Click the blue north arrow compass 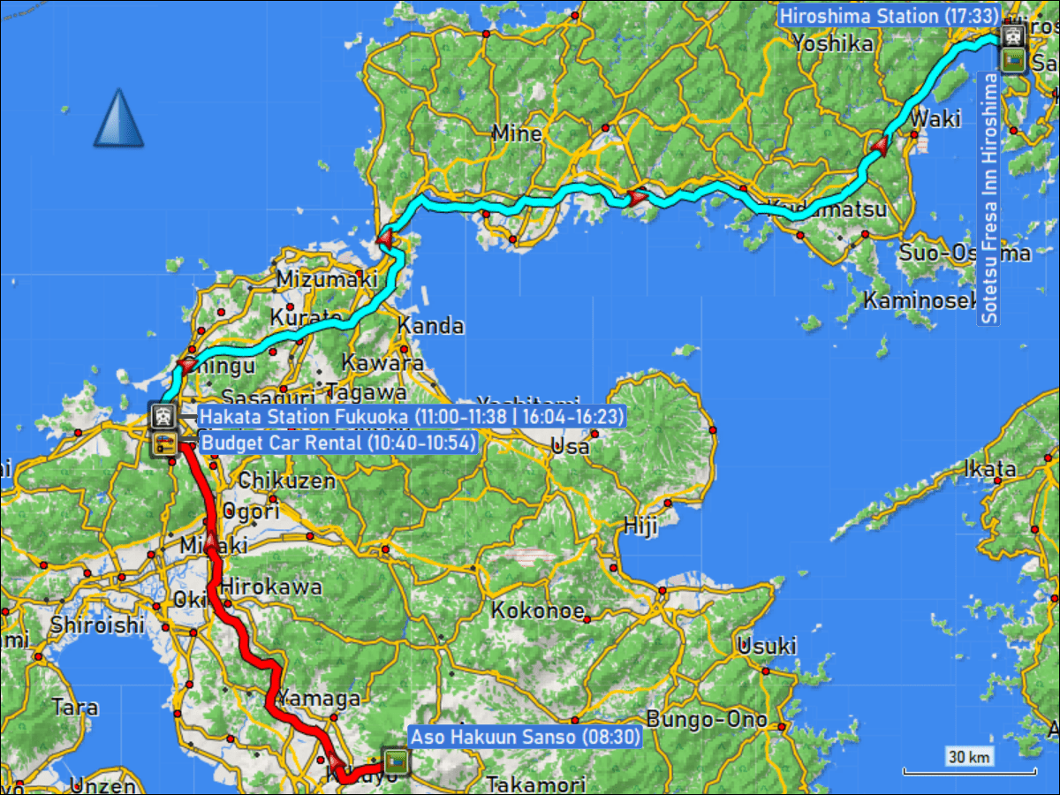pos(118,118)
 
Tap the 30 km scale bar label pos(969,756)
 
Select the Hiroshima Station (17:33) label pos(889,16)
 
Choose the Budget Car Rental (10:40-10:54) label pos(338,443)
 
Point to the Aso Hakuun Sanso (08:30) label pos(525,736)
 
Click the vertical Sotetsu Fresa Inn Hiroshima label pos(989,199)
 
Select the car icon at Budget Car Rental pos(163,443)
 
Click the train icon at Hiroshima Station pos(1012,36)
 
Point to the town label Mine pos(517,133)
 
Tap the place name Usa pos(569,447)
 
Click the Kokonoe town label pos(538,610)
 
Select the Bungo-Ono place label pos(707,719)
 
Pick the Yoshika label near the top pos(832,43)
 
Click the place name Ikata pos(991,468)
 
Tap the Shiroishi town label pos(97,625)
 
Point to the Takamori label pos(535,784)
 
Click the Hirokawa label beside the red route pos(271,586)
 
